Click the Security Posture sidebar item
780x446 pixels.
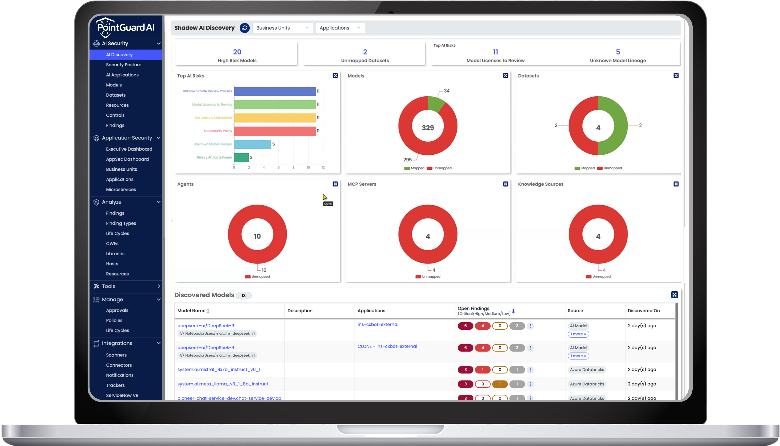[123, 65]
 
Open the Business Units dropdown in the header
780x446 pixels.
[282, 28]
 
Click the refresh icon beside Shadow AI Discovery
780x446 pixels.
[244, 28]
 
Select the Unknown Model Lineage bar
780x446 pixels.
[252, 144]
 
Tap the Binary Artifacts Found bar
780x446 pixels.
[241, 157]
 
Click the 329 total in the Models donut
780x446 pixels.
[428, 128]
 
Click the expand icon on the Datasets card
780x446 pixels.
[676, 76]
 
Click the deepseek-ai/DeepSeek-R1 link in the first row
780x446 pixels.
[206, 326]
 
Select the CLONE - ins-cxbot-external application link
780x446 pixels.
[387, 346]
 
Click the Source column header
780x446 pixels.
[575, 311]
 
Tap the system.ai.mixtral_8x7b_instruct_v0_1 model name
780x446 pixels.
[219, 369]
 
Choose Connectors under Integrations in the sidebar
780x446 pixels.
[119, 365]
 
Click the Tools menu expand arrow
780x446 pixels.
[159, 286]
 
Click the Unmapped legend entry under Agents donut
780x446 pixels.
[258, 277]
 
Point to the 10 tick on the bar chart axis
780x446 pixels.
[308, 168]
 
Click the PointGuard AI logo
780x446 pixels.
[126, 27]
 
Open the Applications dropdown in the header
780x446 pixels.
[340, 28]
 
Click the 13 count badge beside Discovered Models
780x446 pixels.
[243, 296]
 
